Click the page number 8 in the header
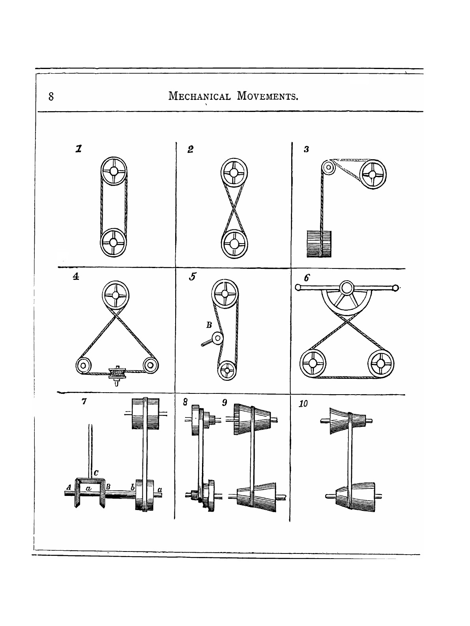click(51, 96)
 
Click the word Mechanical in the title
click(199, 96)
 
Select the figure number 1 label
click(79, 149)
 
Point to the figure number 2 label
click(191, 149)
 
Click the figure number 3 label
click(306, 149)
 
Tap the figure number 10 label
click(303, 404)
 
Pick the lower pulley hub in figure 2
click(234, 243)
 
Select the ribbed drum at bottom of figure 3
click(319, 244)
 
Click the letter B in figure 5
click(210, 326)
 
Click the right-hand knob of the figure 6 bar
click(396, 287)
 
